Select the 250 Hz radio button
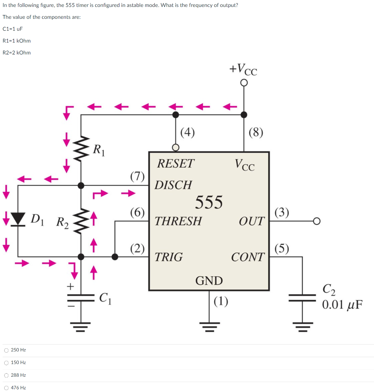[6, 350]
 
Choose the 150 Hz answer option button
[6, 363]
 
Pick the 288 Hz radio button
[6, 375]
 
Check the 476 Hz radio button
[6, 387]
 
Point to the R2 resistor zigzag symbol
[81, 221]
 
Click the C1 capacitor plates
[81, 297]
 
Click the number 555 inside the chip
[209, 202]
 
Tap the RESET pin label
[176, 164]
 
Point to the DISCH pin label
[173, 185]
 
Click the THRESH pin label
[178, 221]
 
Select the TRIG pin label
[168, 257]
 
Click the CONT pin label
[248, 257]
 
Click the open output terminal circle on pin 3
[316, 221]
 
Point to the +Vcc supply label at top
[243, 70]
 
